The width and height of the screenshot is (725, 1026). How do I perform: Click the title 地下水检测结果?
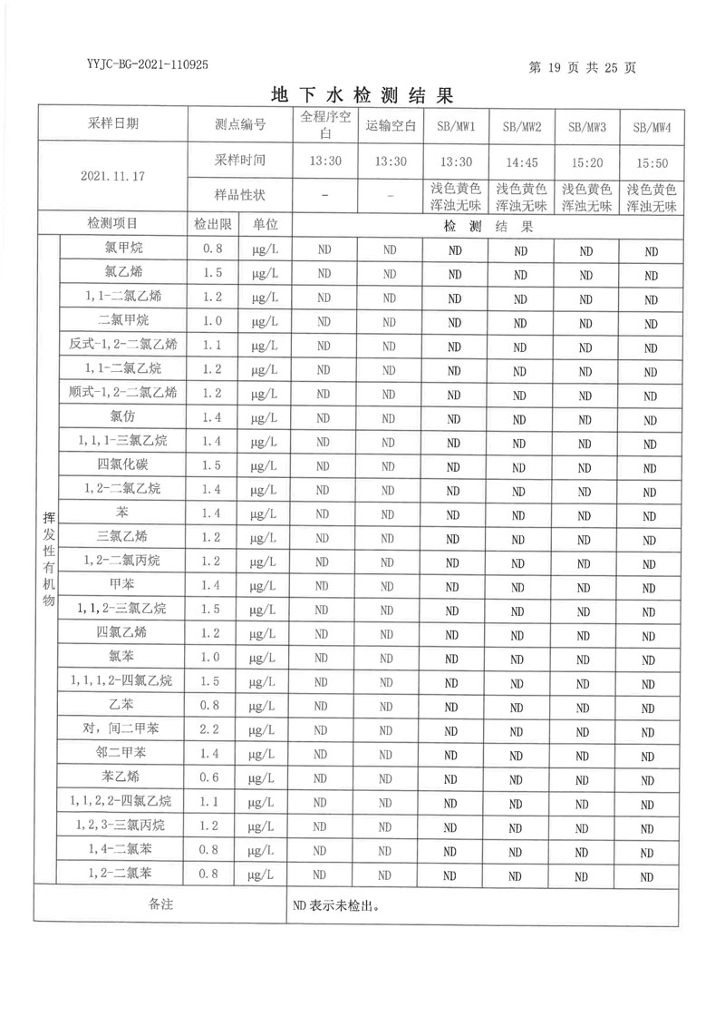(x=362, y=94)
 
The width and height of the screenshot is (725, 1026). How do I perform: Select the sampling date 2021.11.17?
(x=112, y=176)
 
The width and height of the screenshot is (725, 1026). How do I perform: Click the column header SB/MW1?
(x=455, y=126)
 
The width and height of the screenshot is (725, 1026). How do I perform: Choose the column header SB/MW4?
(x=650, y=127)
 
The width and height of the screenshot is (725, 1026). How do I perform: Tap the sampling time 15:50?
(x=650, y=162)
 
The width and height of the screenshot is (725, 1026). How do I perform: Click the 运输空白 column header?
(x=391, y=126)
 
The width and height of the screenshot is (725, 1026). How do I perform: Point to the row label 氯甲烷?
(x=123, y=247)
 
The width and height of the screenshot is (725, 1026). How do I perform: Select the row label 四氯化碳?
(x=123, y=464)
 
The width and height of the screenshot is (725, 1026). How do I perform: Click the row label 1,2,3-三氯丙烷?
(x=123, y=826)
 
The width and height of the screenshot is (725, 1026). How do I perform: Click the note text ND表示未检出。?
(x=334, y=904)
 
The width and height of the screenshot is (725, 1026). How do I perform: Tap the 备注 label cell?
(x=160, y=904)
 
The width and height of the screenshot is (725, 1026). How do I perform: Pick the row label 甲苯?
(x=123, y=584)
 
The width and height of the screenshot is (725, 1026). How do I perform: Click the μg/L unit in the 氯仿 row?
(x=265, y=416)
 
